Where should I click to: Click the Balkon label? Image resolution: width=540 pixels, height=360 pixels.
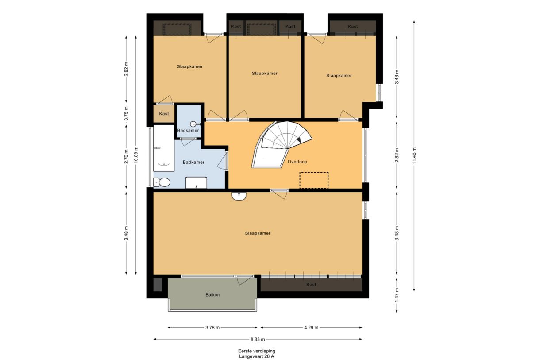[x=212, y=295]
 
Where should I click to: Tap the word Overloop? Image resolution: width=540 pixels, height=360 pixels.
[x=297, y=162]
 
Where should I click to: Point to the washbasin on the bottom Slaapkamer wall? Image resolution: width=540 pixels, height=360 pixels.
[x=239, y=196]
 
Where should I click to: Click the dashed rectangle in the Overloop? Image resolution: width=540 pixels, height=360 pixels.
[x=314, y=180]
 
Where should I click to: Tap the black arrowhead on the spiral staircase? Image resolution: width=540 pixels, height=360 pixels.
[x=300, y=140]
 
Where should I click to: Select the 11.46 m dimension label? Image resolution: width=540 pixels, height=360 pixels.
[x=414, y=155]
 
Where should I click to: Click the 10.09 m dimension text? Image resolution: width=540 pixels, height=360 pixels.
[x=136, y=155]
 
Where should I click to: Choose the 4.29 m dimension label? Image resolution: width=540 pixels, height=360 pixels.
[x=311, y=328]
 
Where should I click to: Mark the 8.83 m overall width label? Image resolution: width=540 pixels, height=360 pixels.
[x=258, y=340]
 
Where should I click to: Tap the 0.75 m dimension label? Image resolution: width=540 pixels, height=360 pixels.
[x=126, y=114]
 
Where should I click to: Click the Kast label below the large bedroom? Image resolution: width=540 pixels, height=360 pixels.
[x=311, y=285]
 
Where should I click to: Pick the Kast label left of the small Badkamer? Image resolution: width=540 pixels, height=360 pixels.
[x=164, y=114]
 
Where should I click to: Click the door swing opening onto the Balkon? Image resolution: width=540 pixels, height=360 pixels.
[x=245, y=280]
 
